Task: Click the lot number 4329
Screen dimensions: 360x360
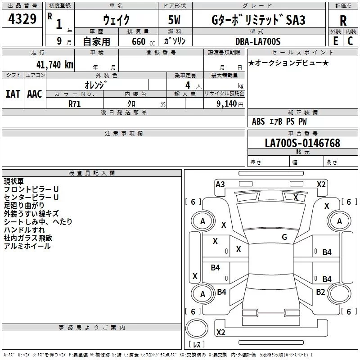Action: click(x=22, y=19)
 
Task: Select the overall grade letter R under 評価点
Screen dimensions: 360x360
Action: click(x=343, y=21)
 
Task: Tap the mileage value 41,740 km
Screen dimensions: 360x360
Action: click(x=54, y=65)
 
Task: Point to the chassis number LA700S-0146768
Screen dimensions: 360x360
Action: click(x=302, y=143)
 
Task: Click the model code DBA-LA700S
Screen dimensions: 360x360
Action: click(x=258, y=41)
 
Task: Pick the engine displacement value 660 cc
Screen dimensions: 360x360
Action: click(x=143, y=42)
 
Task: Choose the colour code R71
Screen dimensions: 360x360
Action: click(x=74, y=104)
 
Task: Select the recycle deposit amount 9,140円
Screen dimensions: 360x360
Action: click(x=230, y=104)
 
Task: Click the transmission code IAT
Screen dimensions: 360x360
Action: click(x=13, y=94)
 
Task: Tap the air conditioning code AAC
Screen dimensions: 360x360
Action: click(x=35, y=94)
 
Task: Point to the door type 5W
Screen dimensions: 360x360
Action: click(x=174, y=20)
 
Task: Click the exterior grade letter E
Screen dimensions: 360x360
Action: click(x=335, y=41)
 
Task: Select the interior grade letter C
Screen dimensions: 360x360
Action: click(x=350, y=41)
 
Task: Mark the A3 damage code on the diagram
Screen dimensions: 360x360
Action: click(x=220, y=184)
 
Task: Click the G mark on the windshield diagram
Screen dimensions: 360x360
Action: click(x=284, y=237)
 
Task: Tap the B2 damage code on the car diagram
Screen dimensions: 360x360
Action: click(x=320, y=292)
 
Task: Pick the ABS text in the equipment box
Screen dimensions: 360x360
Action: click(x=258, y=121)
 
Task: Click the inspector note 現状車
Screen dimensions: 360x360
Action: click(x=14, y=181)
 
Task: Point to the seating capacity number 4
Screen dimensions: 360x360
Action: click(x=188, y=85)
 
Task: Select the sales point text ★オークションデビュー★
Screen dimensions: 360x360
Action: click(x=288, y=63)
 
